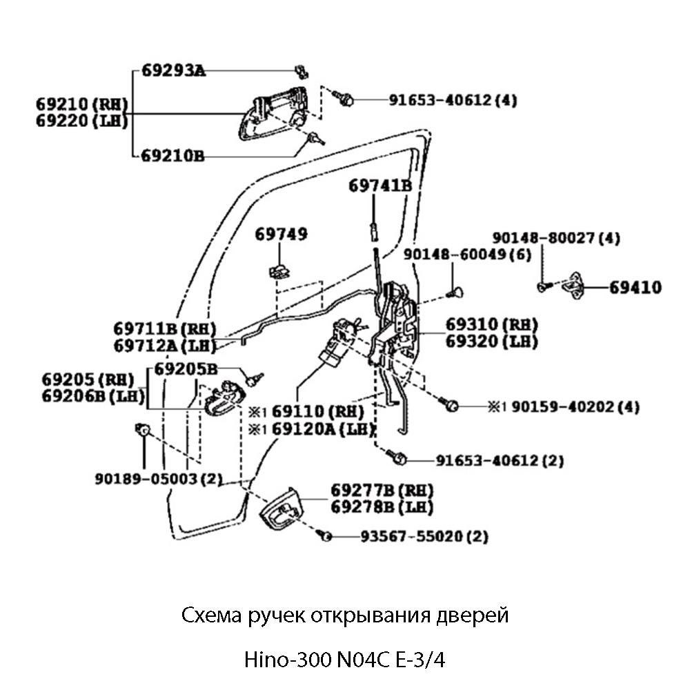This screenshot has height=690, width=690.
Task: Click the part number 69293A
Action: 174,70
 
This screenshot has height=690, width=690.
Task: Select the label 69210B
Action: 172,156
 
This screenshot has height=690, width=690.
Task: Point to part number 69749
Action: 282,235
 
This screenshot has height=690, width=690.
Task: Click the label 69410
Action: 635,287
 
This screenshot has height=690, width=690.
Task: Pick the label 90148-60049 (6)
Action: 468,255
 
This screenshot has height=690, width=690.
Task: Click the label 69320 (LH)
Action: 491,341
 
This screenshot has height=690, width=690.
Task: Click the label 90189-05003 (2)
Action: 159,478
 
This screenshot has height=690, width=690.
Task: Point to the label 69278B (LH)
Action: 382,508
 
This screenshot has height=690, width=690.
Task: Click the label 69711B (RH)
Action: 166,328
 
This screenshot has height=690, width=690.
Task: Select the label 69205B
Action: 185,368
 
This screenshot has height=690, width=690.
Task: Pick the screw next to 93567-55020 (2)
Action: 325,535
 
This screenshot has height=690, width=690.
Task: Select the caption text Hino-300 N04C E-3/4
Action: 345,660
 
